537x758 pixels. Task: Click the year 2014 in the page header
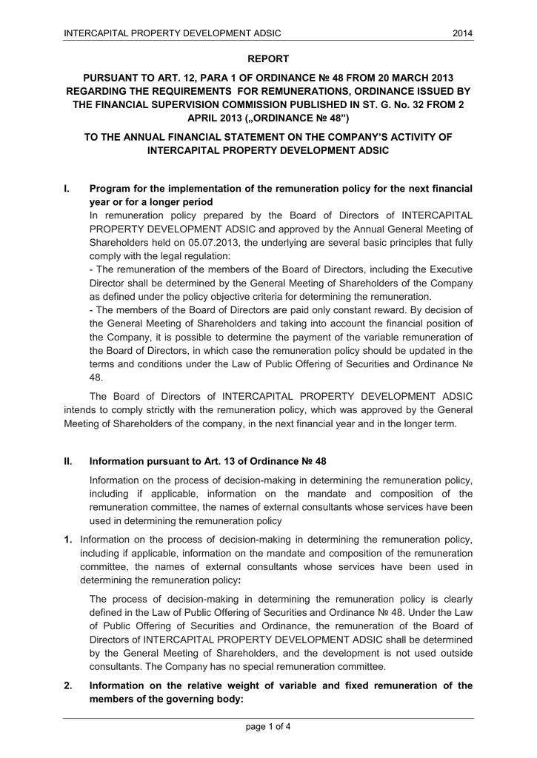(x=463, y=33)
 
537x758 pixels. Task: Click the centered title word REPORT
(x=267, y=58)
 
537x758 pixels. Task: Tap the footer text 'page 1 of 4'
(x=268, y=726)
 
